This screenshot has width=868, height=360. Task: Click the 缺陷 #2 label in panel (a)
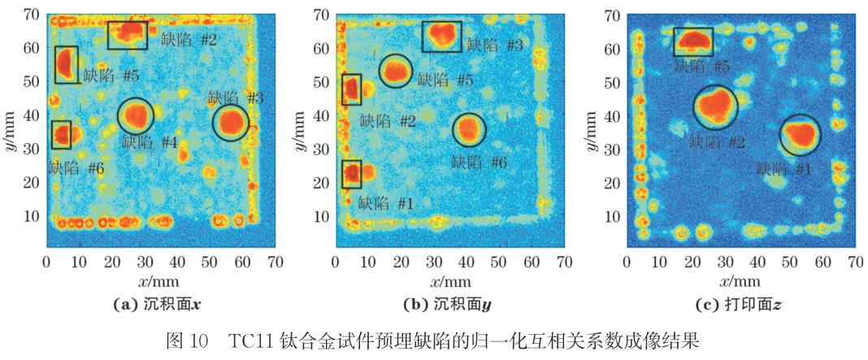pos(189,38)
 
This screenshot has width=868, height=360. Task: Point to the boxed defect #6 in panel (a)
pos(61,135)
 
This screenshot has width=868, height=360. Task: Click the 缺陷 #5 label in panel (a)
pos(110,76)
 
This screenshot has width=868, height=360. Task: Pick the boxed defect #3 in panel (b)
pos(441,36)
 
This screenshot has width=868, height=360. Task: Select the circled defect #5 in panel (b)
pos(396,72)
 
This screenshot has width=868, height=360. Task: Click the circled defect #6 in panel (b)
pos(468,129)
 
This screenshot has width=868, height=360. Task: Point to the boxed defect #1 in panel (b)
pos(351,174)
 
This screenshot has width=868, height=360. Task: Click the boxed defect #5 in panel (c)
pos(693,41)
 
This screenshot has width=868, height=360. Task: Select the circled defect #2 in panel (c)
pos(716,106)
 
